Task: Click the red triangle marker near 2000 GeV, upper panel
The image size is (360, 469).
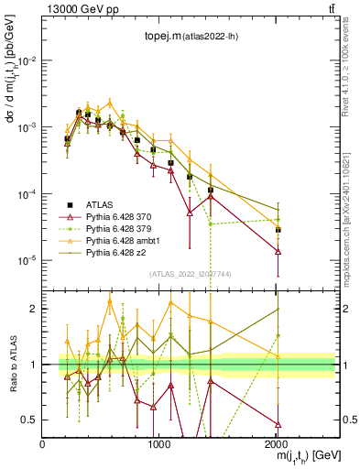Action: tap(278, 251)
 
